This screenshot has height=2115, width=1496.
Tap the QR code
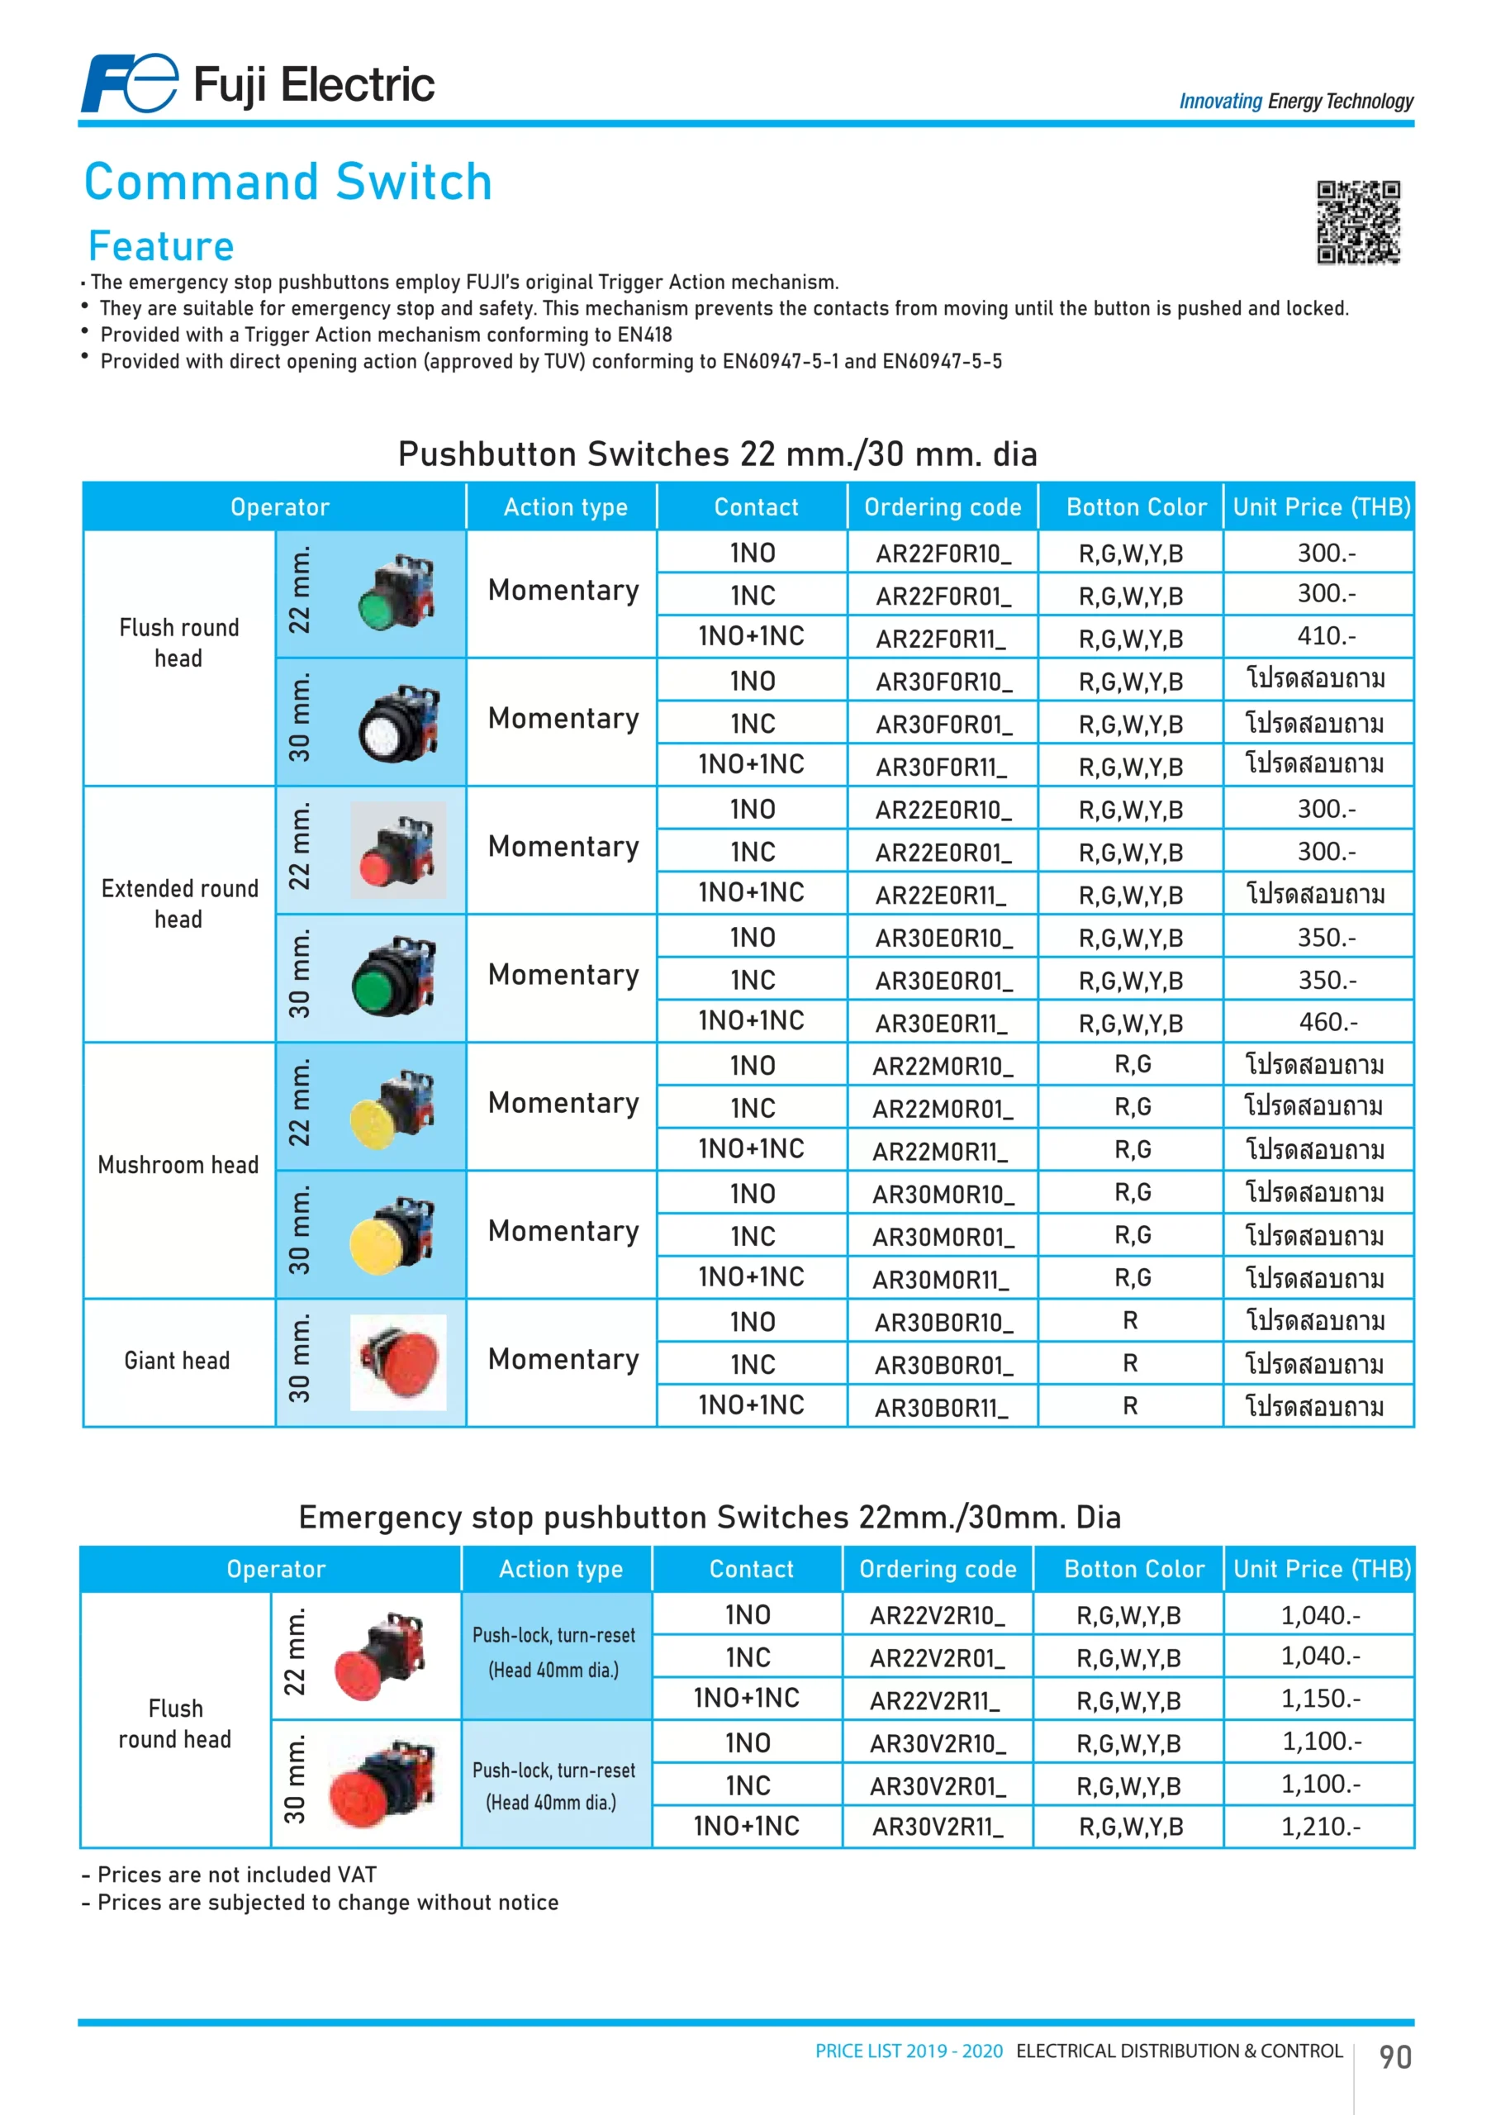click(1358, 222)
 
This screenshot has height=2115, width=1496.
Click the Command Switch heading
click(288, 182)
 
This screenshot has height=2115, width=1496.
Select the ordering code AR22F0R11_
click(941, 639)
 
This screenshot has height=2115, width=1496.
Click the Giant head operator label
click(177, 1361)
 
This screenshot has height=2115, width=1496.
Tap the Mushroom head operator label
click(178, 1165)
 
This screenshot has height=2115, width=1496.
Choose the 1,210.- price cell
click(1320, 1826)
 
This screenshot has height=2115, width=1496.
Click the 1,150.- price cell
click(1320, 1698)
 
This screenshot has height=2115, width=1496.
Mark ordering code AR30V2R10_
click(938, 1744)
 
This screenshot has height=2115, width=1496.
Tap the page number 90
click(1394, 2057)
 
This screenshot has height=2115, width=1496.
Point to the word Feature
click(161, 246)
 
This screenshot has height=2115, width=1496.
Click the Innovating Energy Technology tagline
click(1295, 102)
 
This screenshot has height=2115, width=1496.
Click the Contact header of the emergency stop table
click(751, 1569)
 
